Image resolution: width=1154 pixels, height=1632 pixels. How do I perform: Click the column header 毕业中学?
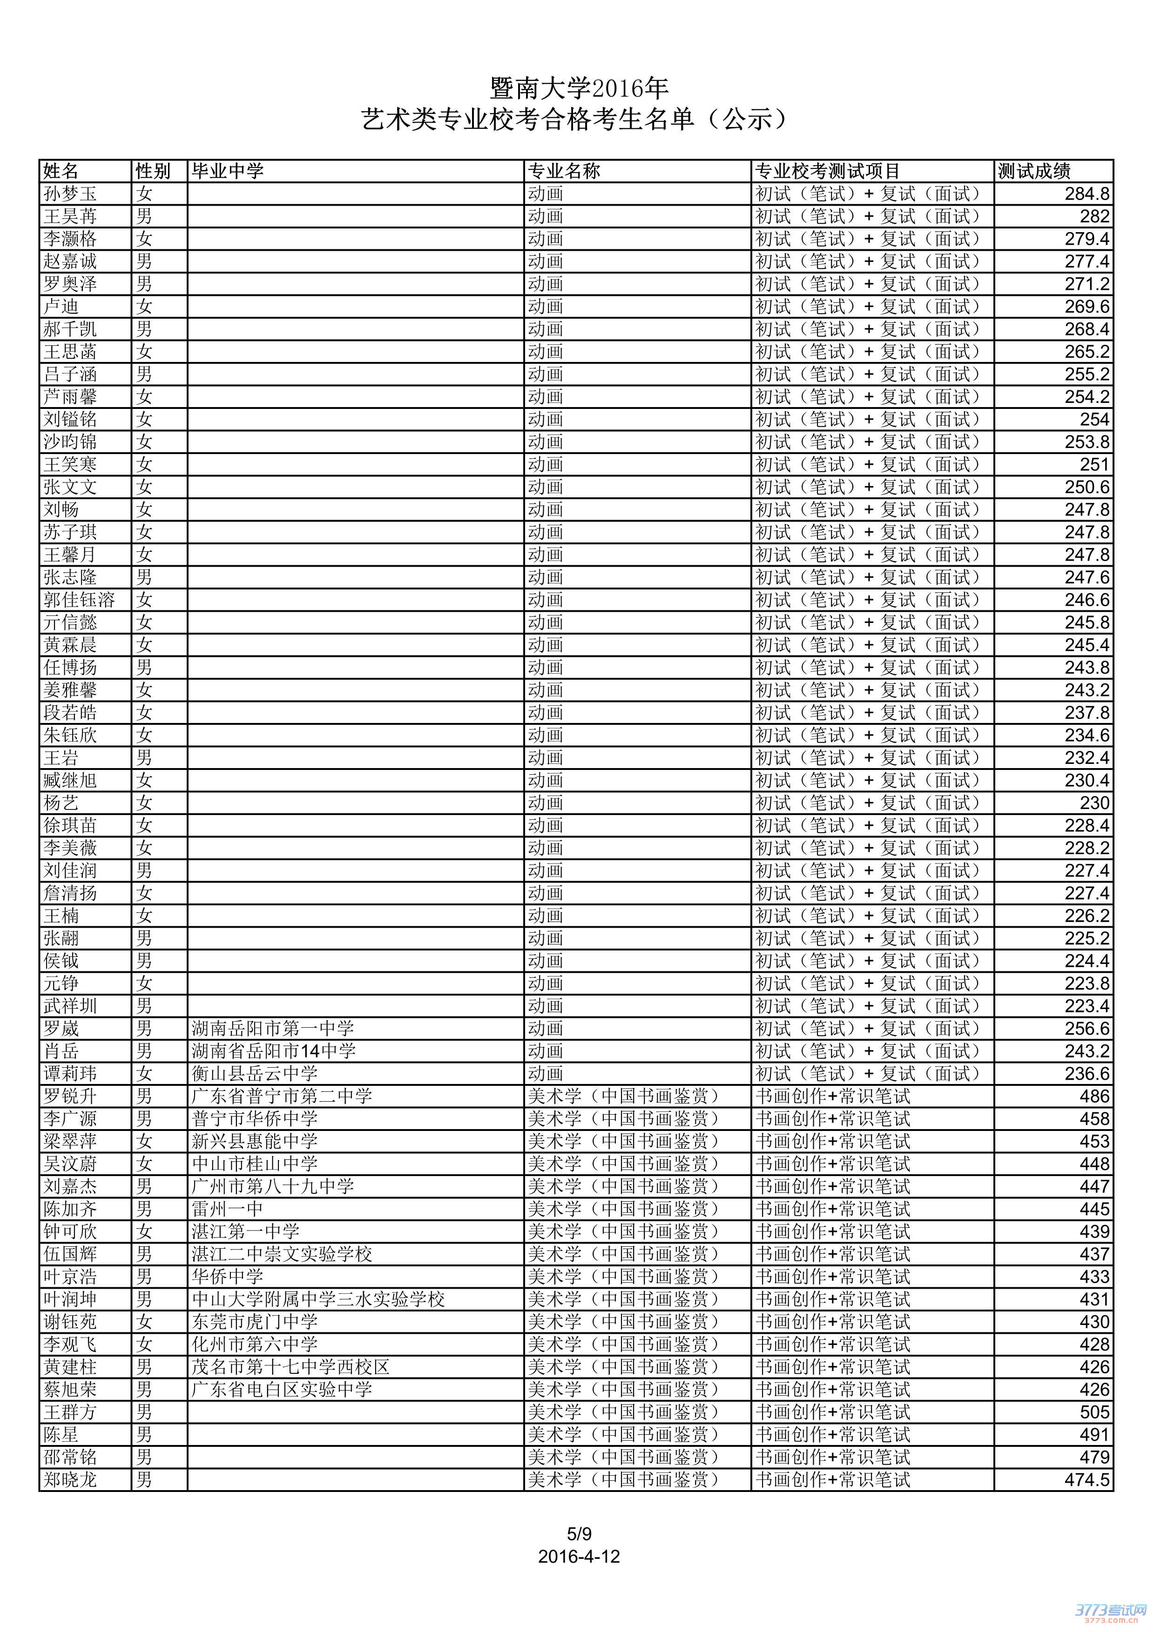click(x=228, y=171)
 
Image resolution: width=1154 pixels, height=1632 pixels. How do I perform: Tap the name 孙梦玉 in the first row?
click(x=70, y=194)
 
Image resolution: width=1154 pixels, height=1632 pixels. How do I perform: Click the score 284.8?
click(x=1087, y=194)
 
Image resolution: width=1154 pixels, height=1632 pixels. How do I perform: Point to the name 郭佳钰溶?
click(x=79, y=600)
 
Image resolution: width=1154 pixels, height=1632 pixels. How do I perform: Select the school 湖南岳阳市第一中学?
click(x=272, y=1029)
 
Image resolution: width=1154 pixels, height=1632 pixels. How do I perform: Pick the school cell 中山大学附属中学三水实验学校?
click(x=318, y=1299)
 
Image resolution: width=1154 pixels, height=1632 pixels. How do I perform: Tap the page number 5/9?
click(x=579, y=1534)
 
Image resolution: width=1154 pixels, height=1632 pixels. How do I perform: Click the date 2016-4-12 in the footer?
click(x=579, y=1557)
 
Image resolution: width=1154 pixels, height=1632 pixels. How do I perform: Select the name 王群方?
click(x=70, y=1412)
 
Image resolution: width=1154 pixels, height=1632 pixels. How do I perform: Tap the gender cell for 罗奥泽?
click(x=144, y=284)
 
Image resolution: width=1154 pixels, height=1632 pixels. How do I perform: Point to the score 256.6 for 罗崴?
click(x=1087, y=1029)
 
